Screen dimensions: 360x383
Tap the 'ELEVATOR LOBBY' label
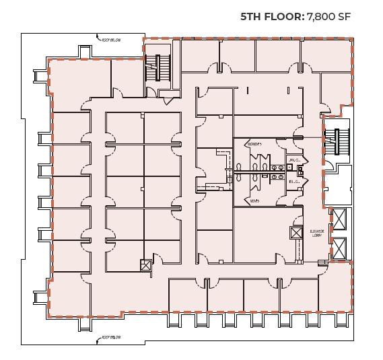317,233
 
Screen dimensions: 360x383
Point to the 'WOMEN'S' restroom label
254,144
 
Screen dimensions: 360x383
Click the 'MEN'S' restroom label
253,200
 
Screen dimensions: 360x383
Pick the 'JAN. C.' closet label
293,159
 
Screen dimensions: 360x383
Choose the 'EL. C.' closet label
293,182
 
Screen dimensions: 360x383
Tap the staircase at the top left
162,69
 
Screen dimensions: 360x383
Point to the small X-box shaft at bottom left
145,265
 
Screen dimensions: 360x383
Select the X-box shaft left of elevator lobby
296,233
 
